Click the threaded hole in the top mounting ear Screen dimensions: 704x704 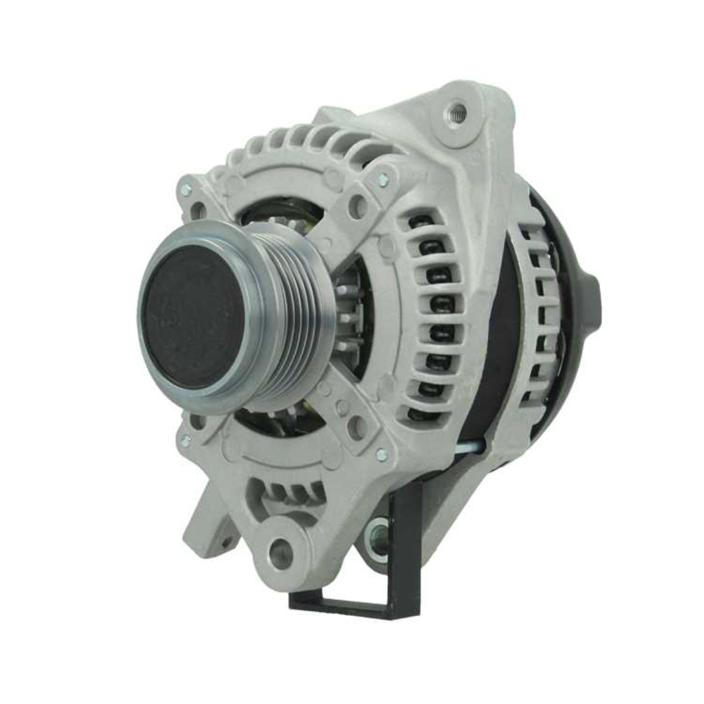click(457, 112)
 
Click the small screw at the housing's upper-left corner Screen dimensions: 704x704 click(186, 190)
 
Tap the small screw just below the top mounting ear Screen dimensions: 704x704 click(383, 180)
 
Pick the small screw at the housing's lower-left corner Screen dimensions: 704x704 click(185, 440)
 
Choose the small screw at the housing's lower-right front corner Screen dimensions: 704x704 click(381, 455)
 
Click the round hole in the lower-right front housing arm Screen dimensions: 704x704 click(357, 425)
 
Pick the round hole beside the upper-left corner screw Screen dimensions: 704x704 click(199, 209)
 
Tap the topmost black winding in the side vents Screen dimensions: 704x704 click(420, 222)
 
